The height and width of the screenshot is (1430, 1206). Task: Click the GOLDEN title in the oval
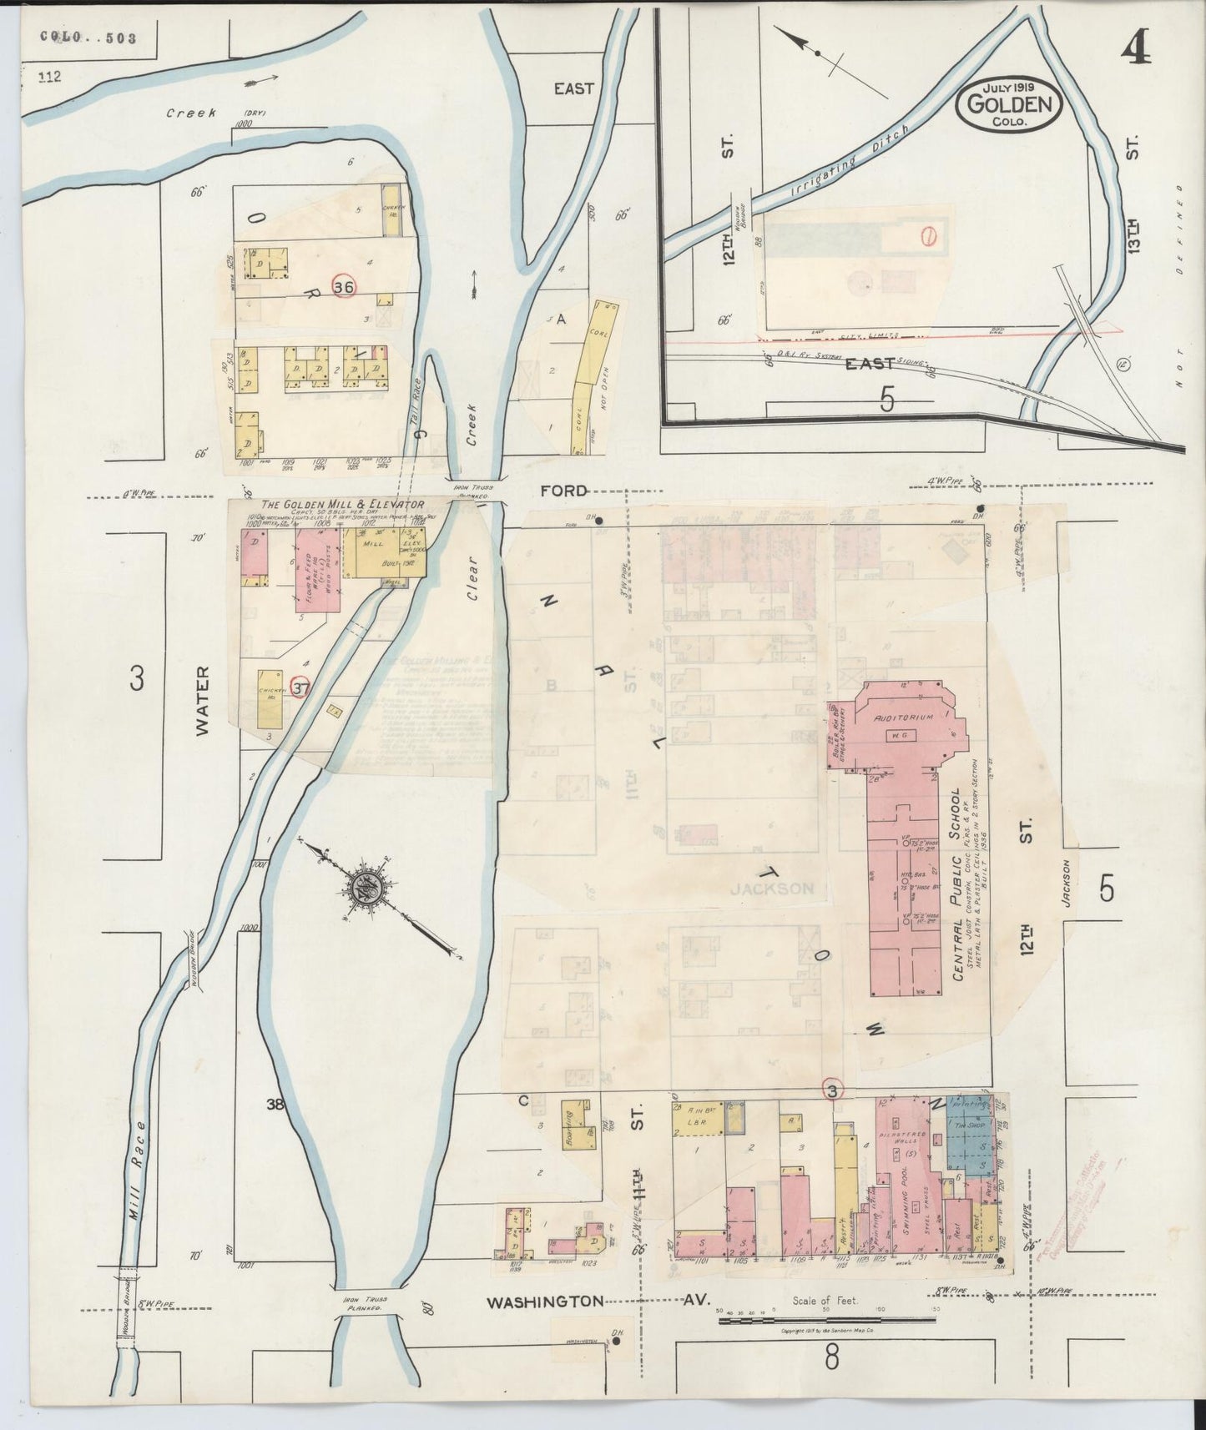[1009, 104]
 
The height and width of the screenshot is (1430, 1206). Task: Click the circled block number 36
[342, 287]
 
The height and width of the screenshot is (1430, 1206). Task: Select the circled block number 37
[300, 687]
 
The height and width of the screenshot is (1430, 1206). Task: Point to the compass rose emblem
[365, 886]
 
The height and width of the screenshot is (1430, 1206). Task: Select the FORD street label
[564, 491]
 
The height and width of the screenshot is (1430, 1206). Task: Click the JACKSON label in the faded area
[771, 889]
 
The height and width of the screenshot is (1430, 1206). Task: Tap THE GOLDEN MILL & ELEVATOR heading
[343, 505]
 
